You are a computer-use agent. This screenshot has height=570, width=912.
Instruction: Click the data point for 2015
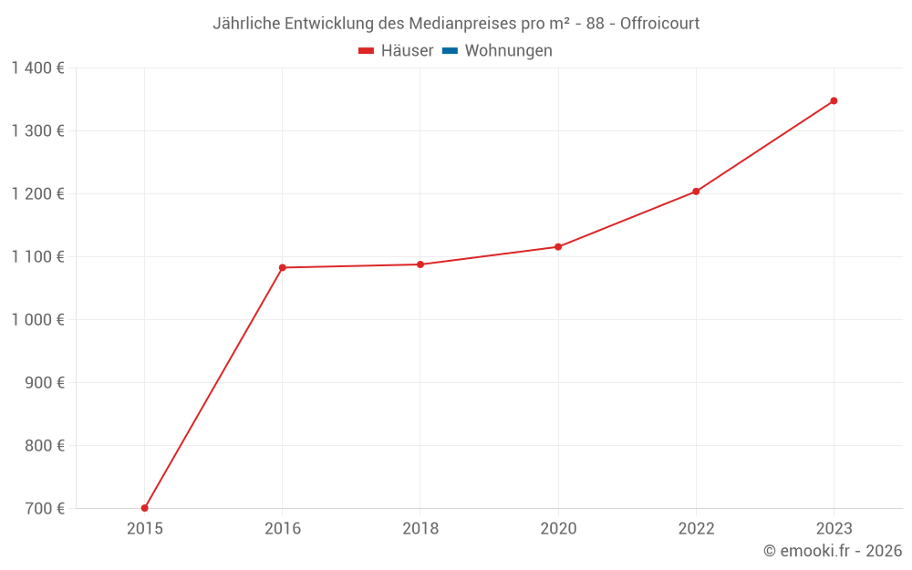tap(145, 508)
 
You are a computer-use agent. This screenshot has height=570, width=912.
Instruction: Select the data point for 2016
tap(283, 267)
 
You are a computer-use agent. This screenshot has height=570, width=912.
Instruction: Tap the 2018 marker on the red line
tap(420, 264)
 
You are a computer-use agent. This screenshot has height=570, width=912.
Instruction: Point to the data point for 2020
tap(558, 246)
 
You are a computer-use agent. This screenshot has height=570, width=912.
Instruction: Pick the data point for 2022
tap(696, 192)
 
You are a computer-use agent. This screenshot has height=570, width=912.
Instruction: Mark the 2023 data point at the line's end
tap(834, 100)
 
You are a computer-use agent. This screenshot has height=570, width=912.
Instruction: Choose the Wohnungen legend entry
tap(508, 51)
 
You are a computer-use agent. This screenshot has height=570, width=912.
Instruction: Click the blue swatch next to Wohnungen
tap(450, 51)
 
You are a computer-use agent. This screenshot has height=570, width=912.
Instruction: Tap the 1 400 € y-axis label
tap(37, 68)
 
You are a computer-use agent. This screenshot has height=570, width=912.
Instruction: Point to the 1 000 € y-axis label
tap(37, 320)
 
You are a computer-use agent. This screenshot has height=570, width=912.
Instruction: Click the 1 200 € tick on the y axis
tap(37, 194)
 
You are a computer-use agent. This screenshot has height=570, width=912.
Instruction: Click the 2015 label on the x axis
tap(145, 528)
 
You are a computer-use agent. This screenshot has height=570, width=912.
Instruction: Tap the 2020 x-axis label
tap(558, 528)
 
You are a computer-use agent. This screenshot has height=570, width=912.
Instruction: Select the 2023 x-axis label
tap(834, 528)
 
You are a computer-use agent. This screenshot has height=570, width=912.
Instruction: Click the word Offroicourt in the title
tap(659, 24)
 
